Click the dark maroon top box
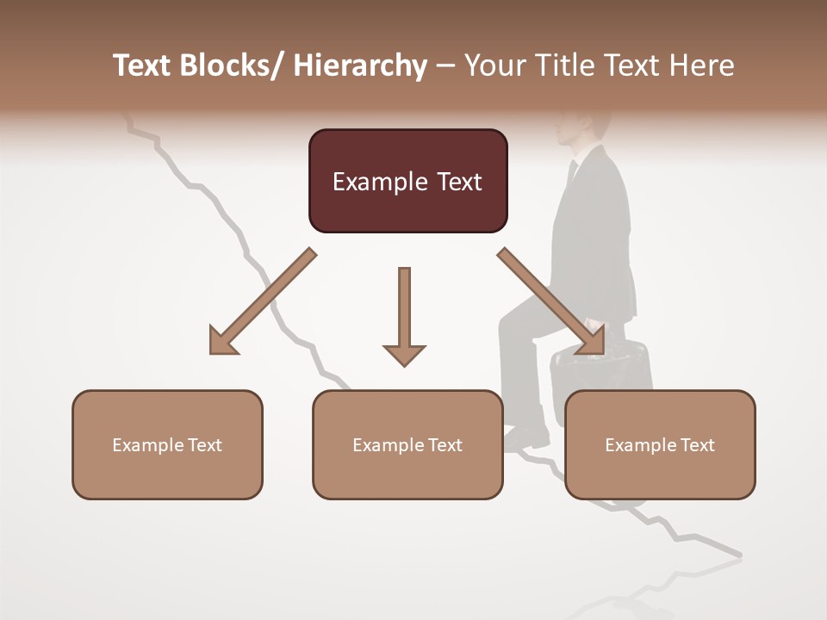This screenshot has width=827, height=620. coord(407,181)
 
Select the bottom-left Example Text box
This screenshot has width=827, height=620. coord(167,444)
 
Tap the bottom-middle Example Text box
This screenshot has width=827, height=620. coord(407,444)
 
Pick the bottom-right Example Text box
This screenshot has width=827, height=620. coord(660,444)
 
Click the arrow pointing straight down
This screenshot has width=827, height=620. coord(404,315)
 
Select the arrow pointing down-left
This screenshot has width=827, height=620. coord(264,301)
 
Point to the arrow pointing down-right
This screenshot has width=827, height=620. coord(551,301)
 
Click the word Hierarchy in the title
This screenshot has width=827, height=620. coord(360,65)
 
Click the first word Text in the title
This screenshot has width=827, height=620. coord(143,65)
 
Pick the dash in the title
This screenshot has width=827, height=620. coord(445,65)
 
